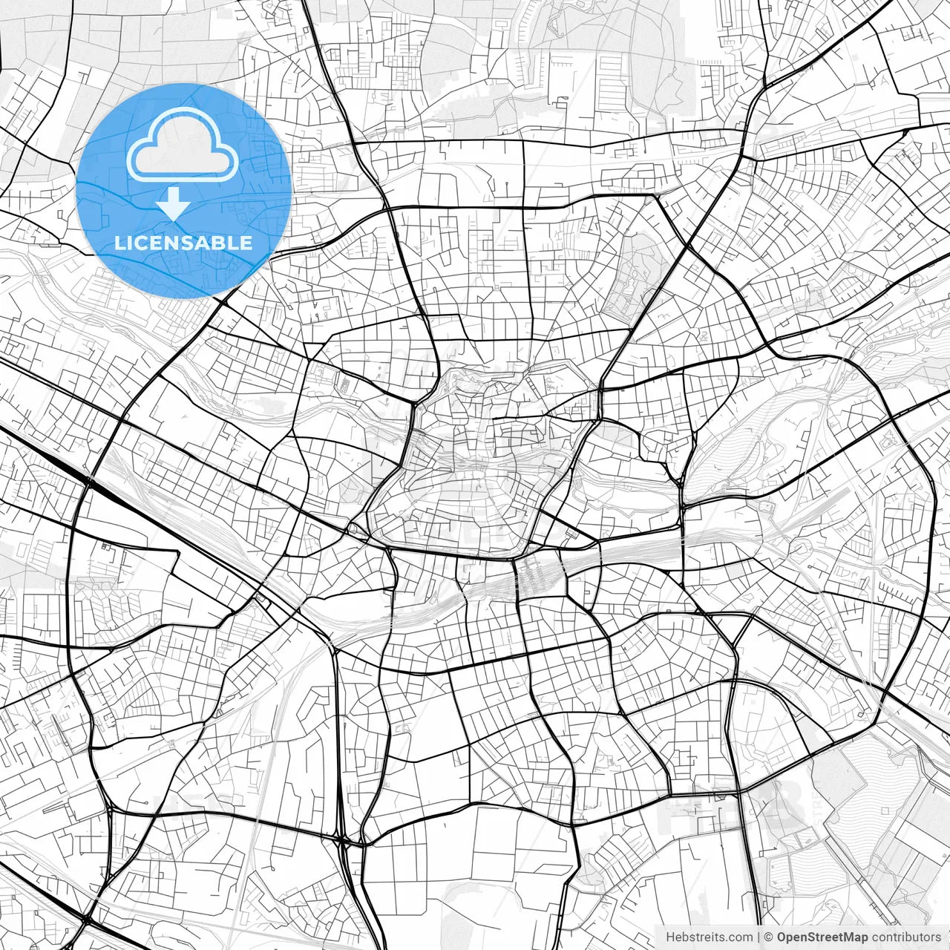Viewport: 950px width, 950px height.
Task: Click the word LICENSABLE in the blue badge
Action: [183, 243]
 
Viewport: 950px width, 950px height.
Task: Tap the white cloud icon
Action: [183, 145]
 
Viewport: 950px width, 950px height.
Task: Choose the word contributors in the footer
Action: [906, 937]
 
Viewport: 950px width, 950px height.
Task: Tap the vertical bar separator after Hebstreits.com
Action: [758, 937]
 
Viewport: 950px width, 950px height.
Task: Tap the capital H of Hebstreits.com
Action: [671, 937]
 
